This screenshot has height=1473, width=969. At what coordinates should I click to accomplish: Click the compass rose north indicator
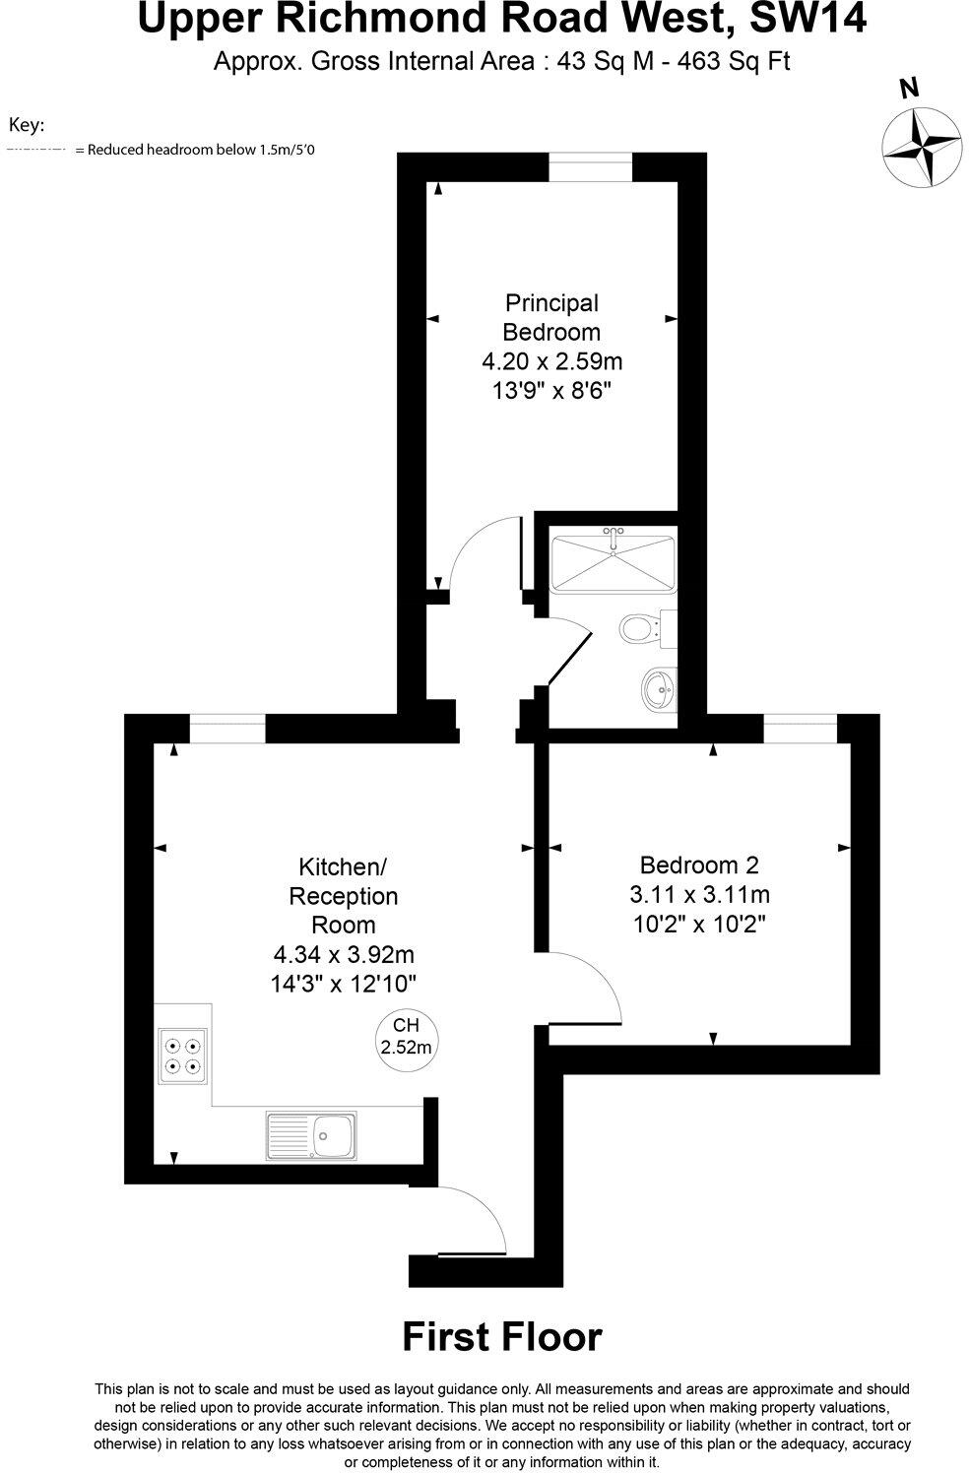click(921, 146)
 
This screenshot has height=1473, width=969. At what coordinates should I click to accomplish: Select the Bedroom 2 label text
click(699, 865)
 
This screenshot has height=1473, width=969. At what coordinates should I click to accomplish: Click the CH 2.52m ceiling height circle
click(406, 1037)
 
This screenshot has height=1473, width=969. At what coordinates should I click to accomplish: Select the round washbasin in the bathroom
click(657, 687)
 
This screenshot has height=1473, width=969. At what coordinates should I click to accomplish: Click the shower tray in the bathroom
click(612, 563)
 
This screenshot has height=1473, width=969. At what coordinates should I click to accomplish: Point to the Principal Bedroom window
click(590, 166)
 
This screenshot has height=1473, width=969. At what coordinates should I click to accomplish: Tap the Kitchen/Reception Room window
click(226, 729)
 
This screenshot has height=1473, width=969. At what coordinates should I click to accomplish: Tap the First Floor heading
click(501, 1337)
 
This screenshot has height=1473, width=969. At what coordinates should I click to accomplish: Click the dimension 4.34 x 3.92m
click(344, 954)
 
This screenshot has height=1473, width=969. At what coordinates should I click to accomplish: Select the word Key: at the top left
click(28, 125)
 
